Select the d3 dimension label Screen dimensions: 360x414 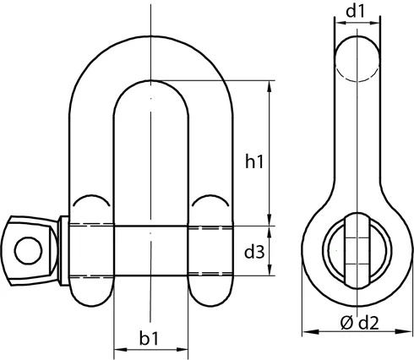click(255, 251)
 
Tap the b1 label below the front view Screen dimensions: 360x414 click(150, 340)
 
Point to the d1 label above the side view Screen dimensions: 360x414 click(355, 12)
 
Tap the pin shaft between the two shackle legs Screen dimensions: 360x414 click(150, 251)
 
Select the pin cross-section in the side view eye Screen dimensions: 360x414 click(355, 251)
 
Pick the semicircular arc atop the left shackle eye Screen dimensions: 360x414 click(90, 200)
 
